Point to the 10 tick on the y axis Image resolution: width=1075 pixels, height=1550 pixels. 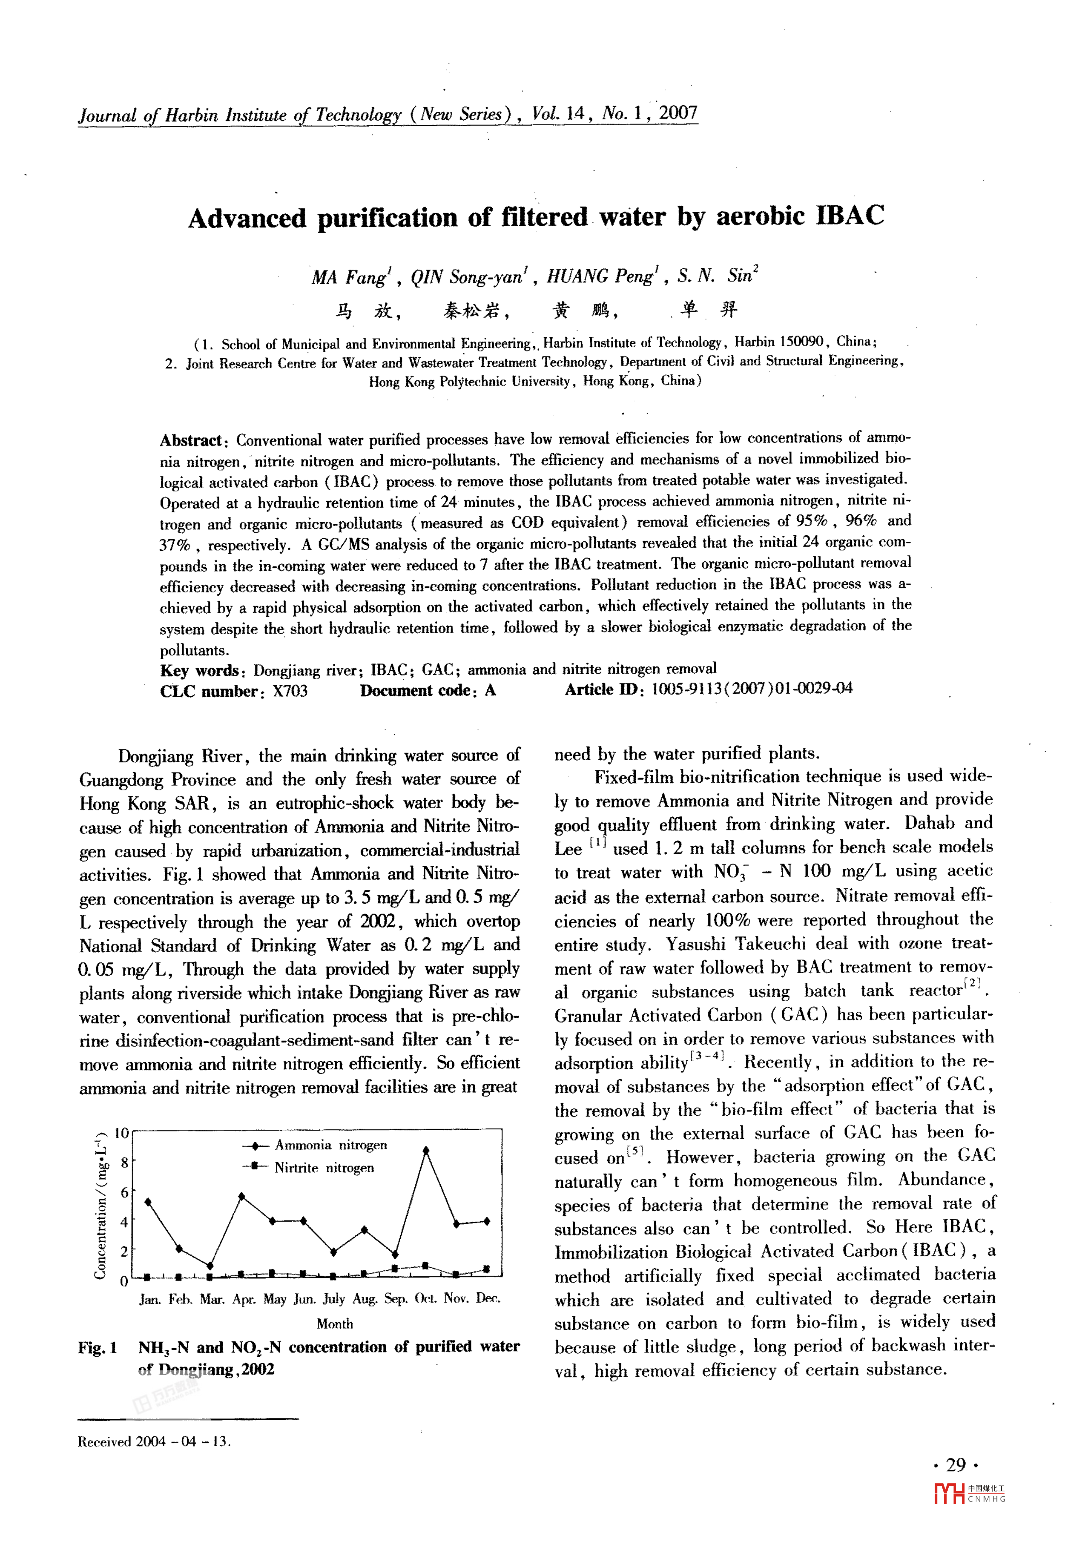coord(121,1133)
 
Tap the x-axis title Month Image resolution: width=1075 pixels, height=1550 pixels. coord(335,1323)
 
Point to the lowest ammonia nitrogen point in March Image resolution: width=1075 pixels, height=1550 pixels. coord(210,1265)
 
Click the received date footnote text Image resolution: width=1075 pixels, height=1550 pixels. coord(154,1442)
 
